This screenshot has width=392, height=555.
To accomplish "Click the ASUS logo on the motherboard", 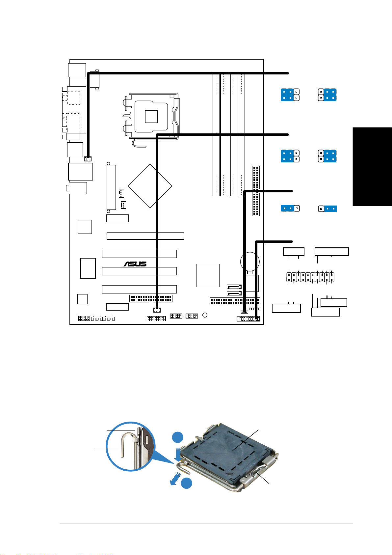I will click(x=135, y=264).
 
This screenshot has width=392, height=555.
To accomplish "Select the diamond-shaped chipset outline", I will click(x=150, y=186).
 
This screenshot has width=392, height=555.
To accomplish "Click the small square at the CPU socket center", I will click(x=151, y=116).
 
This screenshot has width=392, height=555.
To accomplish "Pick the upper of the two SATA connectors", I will click(x=234, y=287).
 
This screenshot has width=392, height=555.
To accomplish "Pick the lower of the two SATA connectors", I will click(x=234, y=293).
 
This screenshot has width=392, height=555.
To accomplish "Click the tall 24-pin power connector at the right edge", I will click(x=256, y=191).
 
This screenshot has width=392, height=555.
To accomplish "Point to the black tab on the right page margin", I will click(x=372, y=166).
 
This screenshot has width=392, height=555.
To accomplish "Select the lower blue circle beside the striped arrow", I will click(x=186, y=483).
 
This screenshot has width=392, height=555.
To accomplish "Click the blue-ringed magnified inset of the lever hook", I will click(x=130, y=446).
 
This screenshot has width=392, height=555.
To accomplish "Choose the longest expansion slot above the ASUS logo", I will click(x=145, y=236).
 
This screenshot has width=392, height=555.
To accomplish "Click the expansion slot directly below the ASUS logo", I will click(x=139, y=271).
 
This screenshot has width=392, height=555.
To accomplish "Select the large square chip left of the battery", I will click(x=208, y=275).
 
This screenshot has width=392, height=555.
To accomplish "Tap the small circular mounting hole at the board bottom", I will click(x=205, y=315).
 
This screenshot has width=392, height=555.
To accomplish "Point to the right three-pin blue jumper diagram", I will click(x=327, y=208).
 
